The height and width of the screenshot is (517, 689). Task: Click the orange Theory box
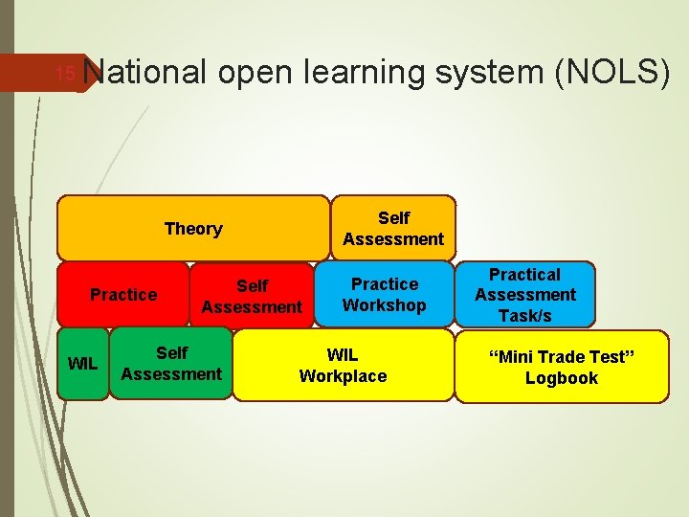point(193,229)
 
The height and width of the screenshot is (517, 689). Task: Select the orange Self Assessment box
point(393,229)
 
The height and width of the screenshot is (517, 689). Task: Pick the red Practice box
point(123,295)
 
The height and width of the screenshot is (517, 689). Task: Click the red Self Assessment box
point(252,296)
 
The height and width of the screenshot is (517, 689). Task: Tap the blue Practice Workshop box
point(385,295)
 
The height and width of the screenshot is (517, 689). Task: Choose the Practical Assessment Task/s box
point(525,295)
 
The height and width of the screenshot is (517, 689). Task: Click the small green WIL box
point(82,364)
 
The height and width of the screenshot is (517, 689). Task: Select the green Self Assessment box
point(171,364)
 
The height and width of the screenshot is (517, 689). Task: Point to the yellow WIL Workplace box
point(343,366)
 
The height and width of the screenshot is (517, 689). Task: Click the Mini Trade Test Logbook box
point(561,368)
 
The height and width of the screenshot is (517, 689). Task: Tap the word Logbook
point(561,378)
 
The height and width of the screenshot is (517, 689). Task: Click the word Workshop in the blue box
point(385,305)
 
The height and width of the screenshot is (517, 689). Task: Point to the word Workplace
point(343,376)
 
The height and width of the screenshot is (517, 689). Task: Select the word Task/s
point(525,316)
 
